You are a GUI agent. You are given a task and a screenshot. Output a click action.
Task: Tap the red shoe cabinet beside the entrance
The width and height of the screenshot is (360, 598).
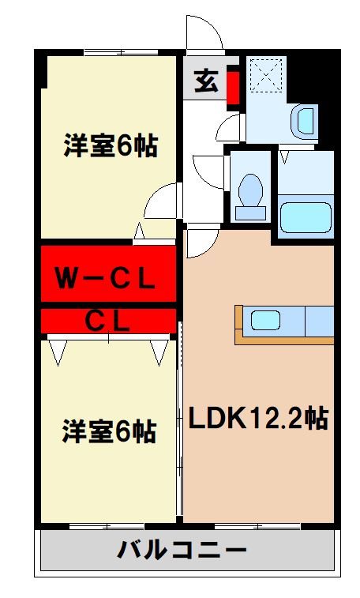233,87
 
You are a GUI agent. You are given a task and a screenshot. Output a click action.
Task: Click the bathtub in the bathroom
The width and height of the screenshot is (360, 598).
305,216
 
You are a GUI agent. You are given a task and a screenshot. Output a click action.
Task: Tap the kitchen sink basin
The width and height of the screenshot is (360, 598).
265,321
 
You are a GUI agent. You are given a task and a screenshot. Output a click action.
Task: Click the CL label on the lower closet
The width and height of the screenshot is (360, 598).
107,321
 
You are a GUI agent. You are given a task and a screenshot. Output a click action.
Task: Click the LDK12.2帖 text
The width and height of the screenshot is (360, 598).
257,417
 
